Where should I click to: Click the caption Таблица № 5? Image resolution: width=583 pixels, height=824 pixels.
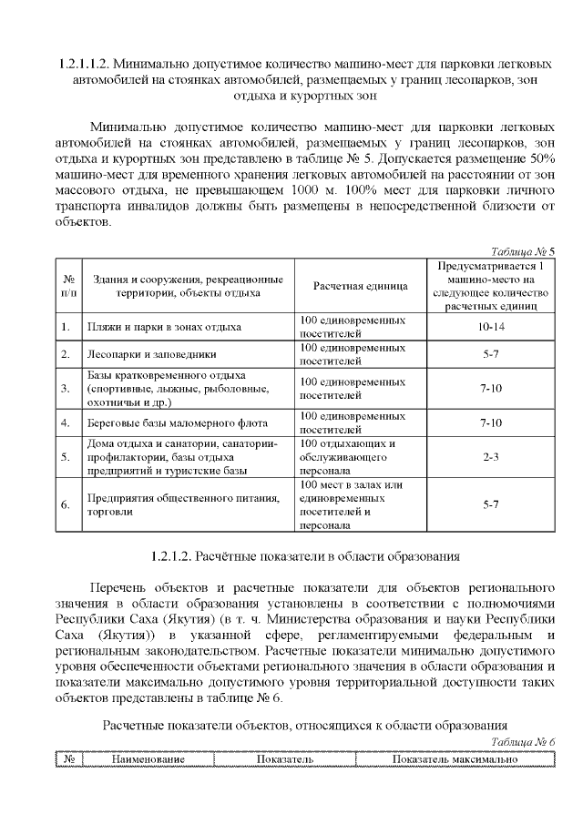pyautogui.click(x=522, y=250)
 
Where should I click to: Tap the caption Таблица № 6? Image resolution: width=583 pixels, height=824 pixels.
pyautogui.click(x=522, y=742)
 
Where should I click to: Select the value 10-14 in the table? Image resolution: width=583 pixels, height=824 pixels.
pyautogui.click(x=491, y=326)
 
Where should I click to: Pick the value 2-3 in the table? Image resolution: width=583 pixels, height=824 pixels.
pyautogui.click(x=491, y=457)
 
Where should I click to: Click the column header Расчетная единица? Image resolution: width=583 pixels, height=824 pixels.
pyautogui.click(x=360, y=286)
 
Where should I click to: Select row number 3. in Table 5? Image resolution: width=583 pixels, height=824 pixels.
pyautogui.click(x=66, y=389)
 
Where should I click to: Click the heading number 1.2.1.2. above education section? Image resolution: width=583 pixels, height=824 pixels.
pyautogui.click(x=176, y=554)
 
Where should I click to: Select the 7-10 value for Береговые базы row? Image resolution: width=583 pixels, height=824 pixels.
pyautogui.click(x=491, y=422)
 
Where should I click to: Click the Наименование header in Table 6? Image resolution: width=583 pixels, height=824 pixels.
pyautogui.click(x=148, y=758)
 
